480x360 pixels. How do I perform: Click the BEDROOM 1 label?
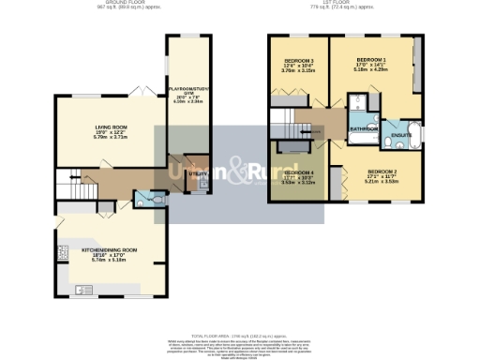[372, 58]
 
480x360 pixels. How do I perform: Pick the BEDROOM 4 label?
[298, 172]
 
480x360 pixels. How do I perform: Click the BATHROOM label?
[364, 127]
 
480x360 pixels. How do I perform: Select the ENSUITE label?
[401, 135]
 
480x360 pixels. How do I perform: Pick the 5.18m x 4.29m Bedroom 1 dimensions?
[372, 69]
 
